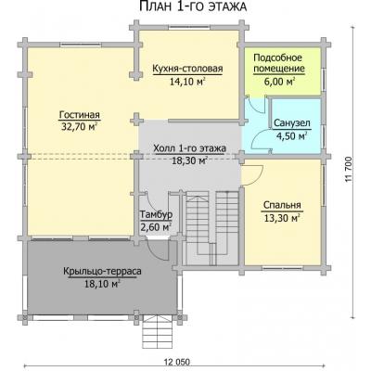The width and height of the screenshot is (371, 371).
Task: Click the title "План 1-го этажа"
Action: tap(193, 6)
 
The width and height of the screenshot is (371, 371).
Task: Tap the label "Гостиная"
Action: tap(80, 115)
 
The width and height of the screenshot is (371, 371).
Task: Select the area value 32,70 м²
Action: tap(80, 126)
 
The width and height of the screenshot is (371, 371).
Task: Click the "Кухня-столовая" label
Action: tap(187, 69)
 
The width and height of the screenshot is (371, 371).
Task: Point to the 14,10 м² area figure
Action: tap(187, 81)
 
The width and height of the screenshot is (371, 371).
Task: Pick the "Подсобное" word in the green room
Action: tap(277, 58)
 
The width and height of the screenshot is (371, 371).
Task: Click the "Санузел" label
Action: tap(292, 123)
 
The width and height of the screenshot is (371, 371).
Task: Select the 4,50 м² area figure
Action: tap(291, 135)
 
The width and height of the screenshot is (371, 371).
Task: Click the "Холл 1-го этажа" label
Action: tap(189, 148)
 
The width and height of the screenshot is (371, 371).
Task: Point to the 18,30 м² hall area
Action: tap(189, 160)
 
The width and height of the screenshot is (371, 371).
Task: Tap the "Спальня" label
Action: tap(282, 205)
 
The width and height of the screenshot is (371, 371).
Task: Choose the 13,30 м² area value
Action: tap(282, 218)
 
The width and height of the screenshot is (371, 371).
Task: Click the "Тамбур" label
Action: tap(157, 214)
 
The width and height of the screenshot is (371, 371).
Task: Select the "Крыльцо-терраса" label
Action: tap(102, 272)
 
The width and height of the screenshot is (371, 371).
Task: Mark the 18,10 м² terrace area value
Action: tap(102, 284)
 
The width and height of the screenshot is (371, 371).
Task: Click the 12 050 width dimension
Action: tap(177, 362)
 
